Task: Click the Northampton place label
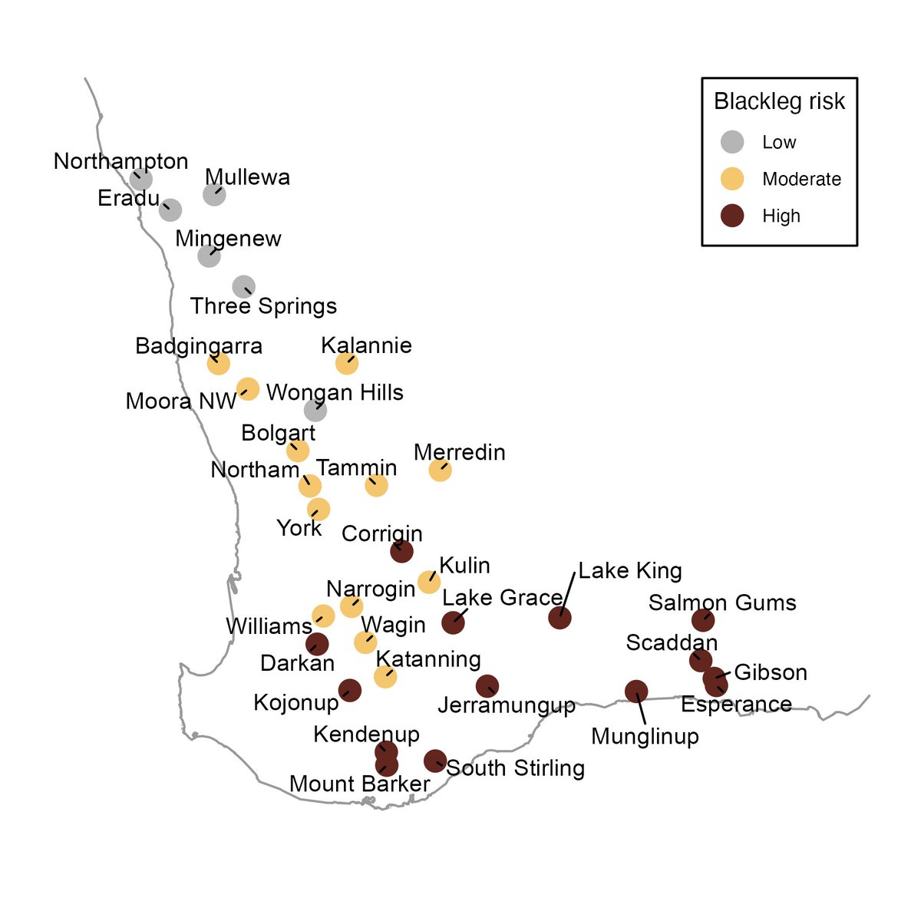(x=120, y=162)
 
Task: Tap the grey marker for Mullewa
(x=214, y=194)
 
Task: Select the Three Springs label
(x=263, y=306)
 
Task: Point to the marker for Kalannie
(x=347, y=363)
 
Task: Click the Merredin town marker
(x=440, y=470)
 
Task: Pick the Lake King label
(x=629, y=571)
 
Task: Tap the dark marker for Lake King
(x=560, y=617)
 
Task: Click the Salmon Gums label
(x=722, y=603)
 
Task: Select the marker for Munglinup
(x=636, y=692)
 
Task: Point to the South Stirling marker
(x=435, y=761)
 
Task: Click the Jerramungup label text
(x=507, y=706)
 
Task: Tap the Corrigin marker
(x=401, y=550)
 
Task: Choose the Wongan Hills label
(x=335, y=393)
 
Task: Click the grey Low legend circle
(x=733, y=142)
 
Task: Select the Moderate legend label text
(x=801, y=180)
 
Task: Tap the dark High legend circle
(x=733, y=216)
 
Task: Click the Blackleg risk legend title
(x=779, y=102)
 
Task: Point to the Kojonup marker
(x=349, y=690)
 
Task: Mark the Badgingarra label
(x=199, y=346)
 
